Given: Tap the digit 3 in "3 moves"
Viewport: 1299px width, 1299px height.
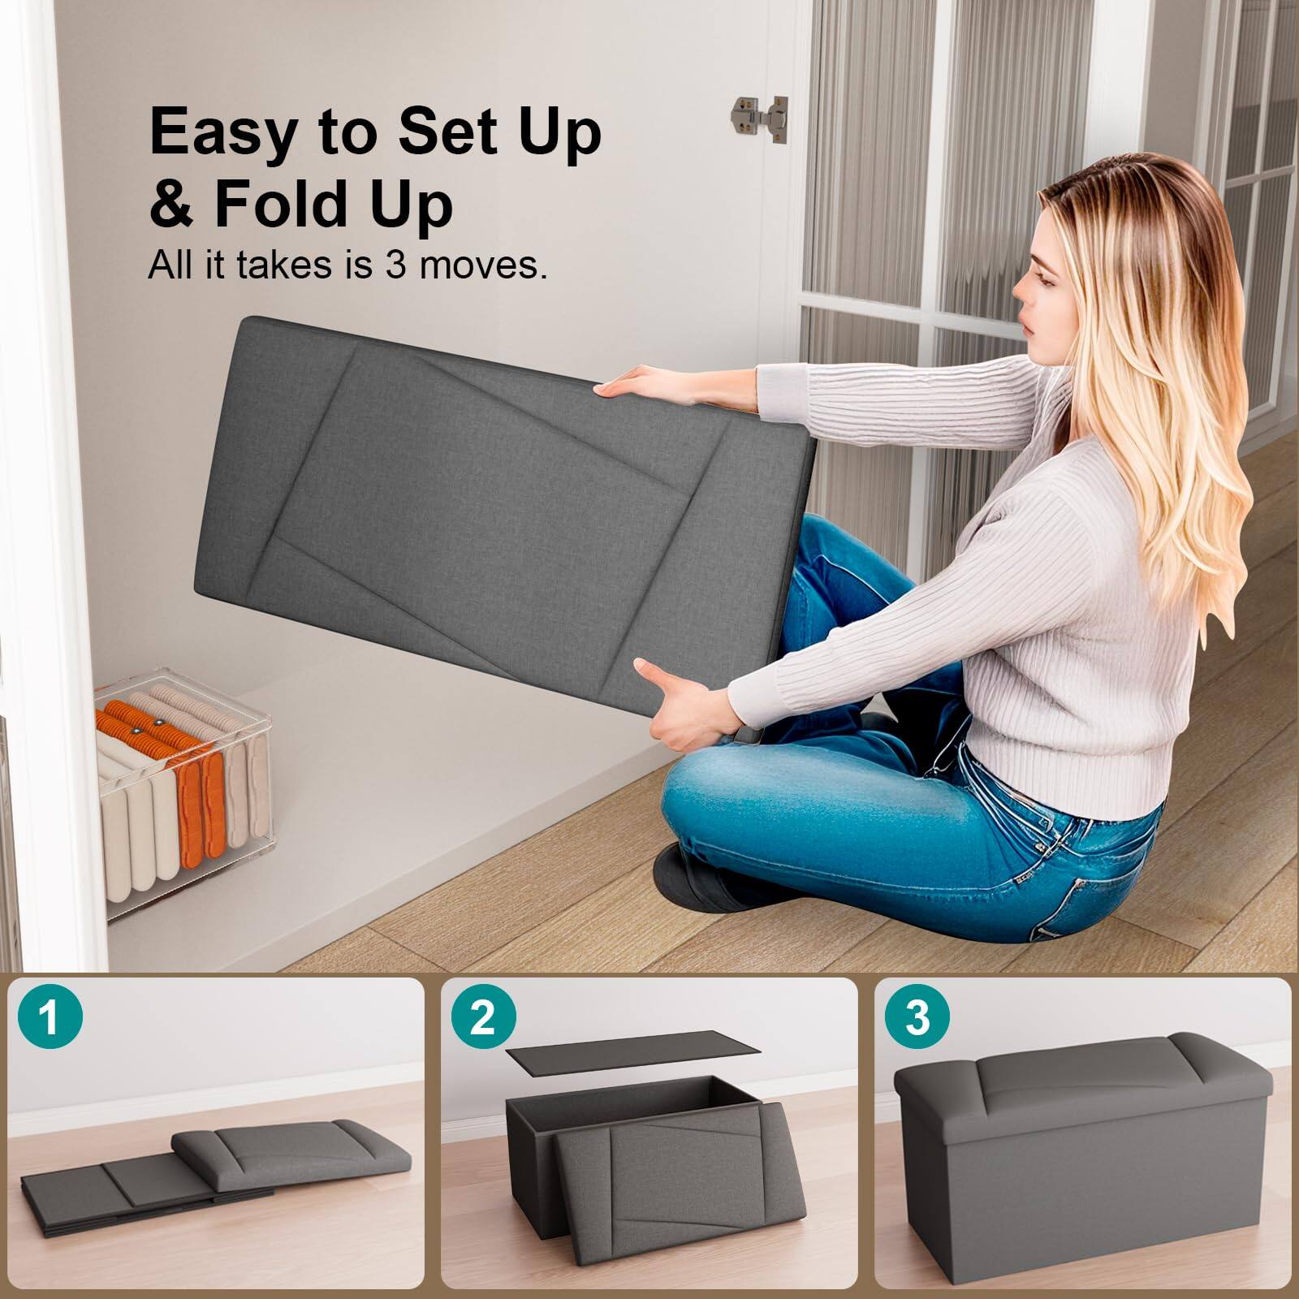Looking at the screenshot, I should click(x=395, y=266).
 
